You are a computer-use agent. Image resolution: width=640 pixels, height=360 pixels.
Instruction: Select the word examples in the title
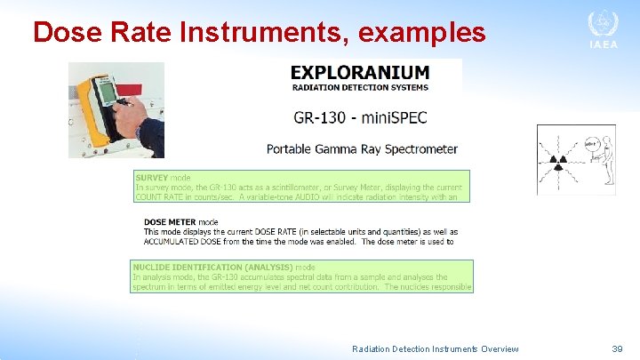click(425, 32)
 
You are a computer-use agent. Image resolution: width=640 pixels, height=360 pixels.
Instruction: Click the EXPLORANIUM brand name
click(360, 72)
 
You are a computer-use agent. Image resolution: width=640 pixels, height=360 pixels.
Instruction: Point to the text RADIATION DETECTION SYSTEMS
click(360, 87)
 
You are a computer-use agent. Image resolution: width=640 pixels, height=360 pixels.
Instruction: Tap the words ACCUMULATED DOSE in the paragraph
click(185, 242)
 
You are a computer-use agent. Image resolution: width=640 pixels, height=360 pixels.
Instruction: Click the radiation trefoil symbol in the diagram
click(559, 163)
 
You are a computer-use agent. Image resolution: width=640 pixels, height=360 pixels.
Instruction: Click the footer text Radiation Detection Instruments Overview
click(436, 349)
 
